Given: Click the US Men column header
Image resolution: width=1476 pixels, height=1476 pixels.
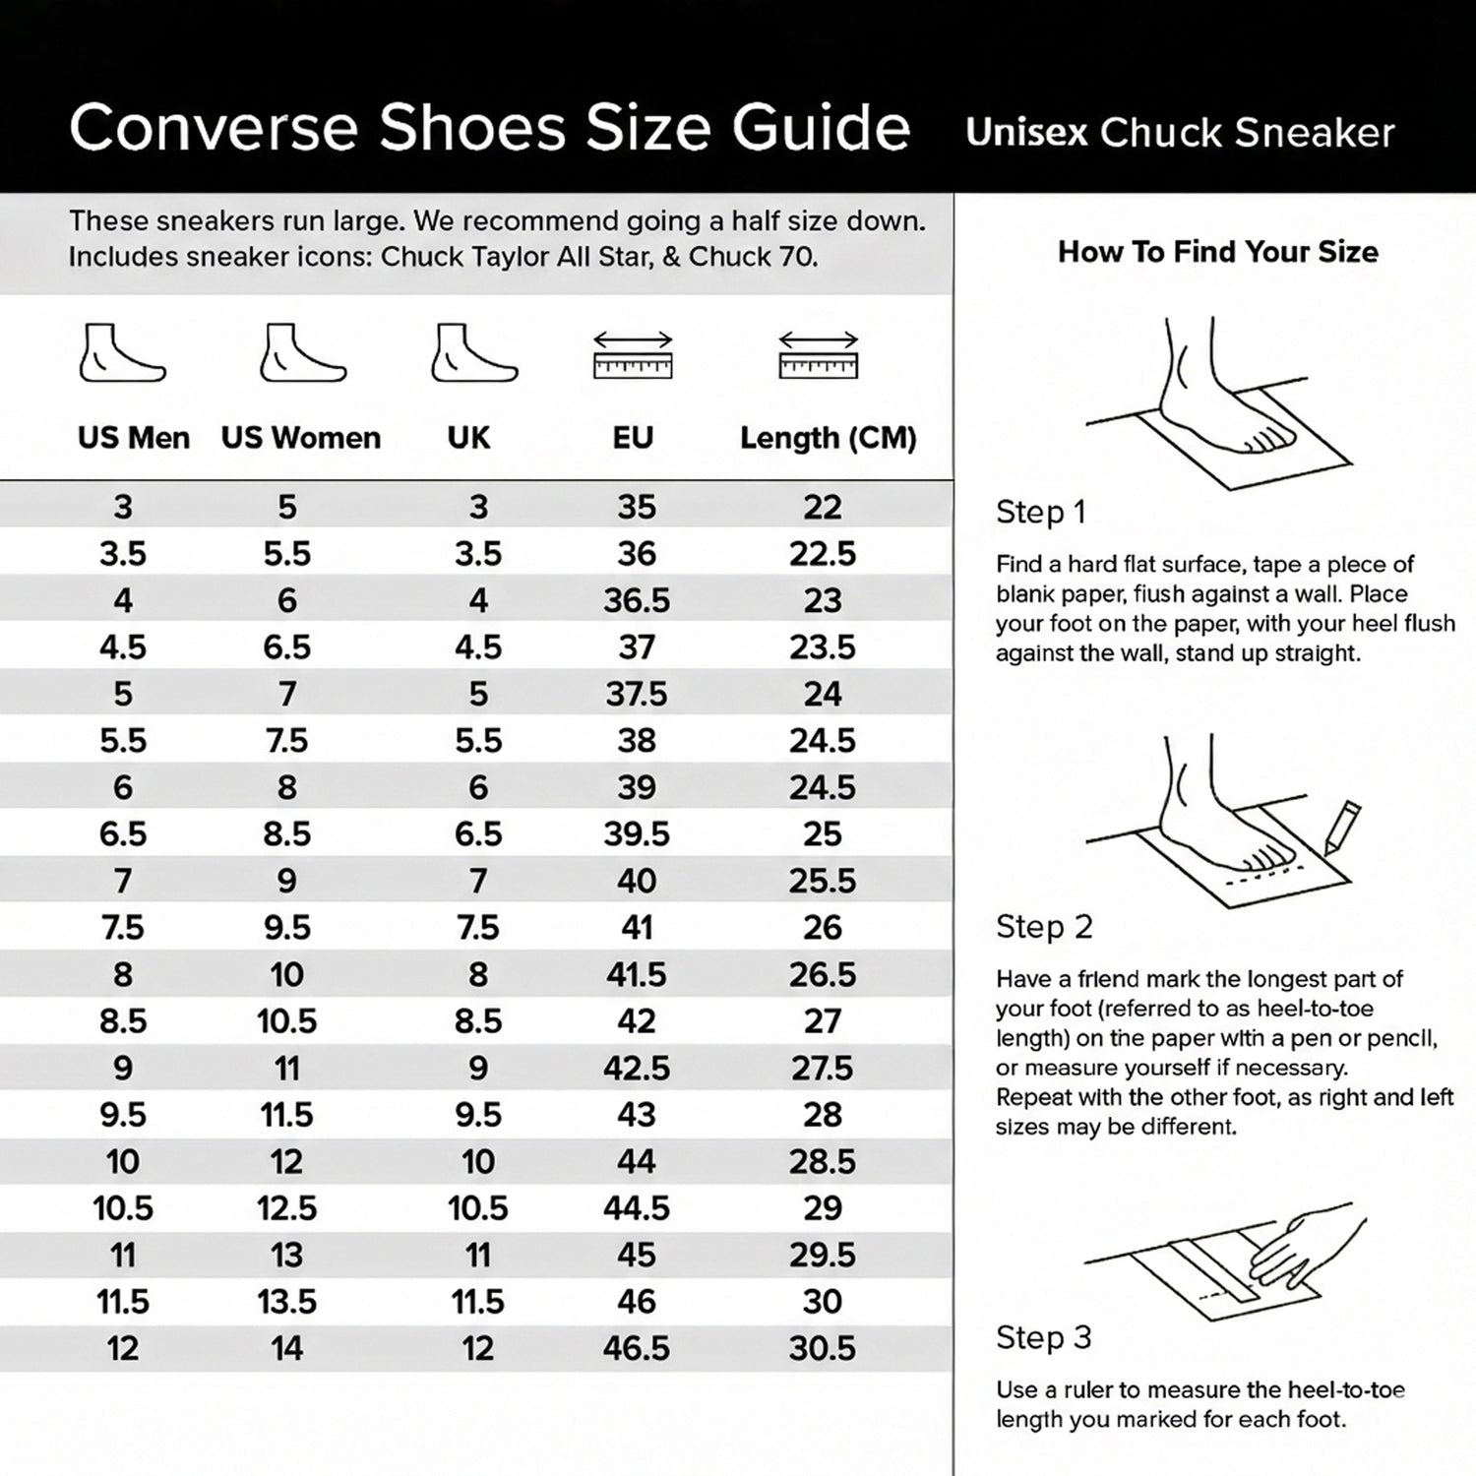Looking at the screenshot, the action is [134, 438].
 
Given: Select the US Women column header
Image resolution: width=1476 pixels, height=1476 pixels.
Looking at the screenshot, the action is [301, 438].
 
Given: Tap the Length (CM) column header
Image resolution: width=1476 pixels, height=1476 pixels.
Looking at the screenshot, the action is [829, 438].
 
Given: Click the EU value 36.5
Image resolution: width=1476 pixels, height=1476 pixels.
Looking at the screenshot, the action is [637, 600].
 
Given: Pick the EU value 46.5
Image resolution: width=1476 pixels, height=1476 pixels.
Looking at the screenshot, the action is [637, 1348].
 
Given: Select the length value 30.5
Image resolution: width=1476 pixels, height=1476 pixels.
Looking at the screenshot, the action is [823, 1348].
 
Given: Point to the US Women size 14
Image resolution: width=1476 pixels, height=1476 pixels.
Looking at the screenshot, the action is [287, 1348].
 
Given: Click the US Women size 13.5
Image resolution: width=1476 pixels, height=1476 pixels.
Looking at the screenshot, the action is [287, 1302].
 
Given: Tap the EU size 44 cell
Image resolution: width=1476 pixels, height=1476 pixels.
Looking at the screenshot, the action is [637, 1161].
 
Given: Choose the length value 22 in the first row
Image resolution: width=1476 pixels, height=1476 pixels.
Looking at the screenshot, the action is [823, 507].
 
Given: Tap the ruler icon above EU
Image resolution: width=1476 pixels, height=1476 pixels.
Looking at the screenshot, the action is [633, 355].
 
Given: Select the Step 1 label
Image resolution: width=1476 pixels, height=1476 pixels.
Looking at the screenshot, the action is [1041, 513].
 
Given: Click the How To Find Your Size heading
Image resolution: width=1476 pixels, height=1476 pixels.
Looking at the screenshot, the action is [1218, 252].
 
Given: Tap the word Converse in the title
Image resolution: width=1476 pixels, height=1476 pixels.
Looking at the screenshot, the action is [214, 128].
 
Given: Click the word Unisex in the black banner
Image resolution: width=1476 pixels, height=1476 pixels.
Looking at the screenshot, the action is [1026, 132].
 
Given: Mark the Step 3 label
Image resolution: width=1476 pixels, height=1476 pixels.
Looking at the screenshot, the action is [1044, 1338].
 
